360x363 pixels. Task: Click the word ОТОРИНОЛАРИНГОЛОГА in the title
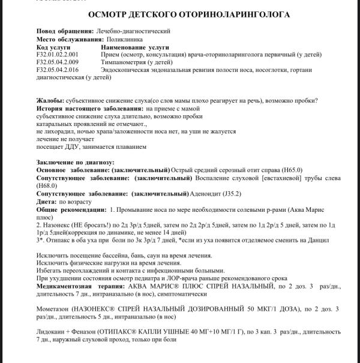tap(225, 14)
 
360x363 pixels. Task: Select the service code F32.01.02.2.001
tap(61, 55)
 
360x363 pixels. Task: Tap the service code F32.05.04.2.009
tap(61, 62)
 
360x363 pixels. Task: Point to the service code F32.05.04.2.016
tap(61, 70)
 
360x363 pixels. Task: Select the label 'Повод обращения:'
tap(64, 31)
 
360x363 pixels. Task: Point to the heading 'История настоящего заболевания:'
tap(88, 108)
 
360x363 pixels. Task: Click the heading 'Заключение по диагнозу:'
tap(75, 163)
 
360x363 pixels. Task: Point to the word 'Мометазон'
tap(56, 308)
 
